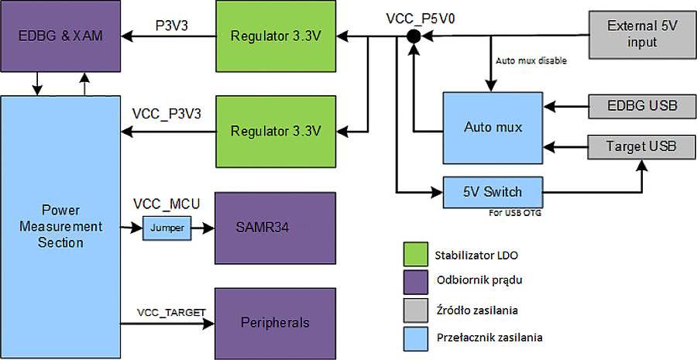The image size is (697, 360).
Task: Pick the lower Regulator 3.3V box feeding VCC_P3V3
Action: pos(276,130)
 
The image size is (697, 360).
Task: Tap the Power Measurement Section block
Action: pos(61,225)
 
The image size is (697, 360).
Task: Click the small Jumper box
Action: pos(167,229)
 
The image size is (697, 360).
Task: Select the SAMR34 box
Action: pos(275,229)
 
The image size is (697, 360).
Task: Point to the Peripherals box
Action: pos(275,322)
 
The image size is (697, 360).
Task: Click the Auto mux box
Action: pos(493,126)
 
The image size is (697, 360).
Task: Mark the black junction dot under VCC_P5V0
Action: pos(414,36)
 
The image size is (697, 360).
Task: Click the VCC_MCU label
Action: pos(167,204)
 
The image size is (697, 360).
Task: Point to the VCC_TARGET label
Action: pos(172,312)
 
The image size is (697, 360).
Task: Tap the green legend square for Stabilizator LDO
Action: pos(417,254)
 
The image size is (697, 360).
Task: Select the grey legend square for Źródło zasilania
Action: pos(417,310)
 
